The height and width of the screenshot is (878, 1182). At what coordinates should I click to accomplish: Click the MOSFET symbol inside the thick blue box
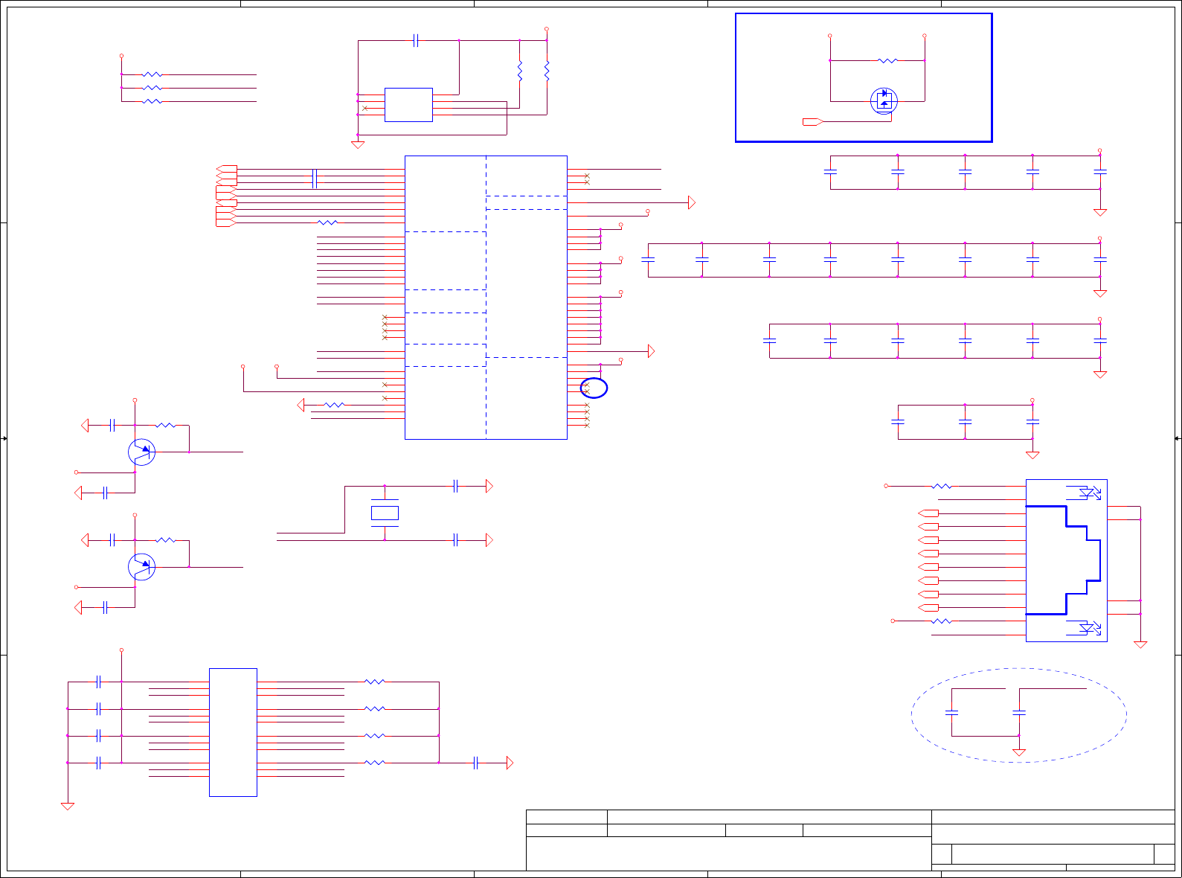[884, 100]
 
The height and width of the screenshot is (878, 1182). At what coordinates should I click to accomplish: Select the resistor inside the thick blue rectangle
[887, 60]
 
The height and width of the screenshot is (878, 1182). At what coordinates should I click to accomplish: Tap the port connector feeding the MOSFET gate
[812, 121]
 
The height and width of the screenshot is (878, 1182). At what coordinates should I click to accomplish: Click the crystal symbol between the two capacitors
[385, 513]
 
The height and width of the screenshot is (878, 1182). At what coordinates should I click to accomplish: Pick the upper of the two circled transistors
[141, 452]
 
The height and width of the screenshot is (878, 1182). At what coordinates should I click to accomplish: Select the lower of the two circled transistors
[141, 567]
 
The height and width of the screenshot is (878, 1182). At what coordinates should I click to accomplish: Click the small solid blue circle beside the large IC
[594, 388]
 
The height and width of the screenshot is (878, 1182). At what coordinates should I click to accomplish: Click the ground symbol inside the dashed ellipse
[1019, 752]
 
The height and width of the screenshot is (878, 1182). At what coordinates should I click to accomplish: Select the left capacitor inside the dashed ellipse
[951, 713]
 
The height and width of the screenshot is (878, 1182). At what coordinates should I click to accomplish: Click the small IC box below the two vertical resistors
[408, 105]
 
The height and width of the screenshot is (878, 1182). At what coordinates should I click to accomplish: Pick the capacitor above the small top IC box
[415, 40]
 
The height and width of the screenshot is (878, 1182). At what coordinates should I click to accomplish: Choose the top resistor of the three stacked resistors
[152, 74]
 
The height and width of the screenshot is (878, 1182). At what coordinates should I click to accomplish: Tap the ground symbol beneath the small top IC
[358, 144]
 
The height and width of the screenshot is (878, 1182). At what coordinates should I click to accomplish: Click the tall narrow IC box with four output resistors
[233, 732]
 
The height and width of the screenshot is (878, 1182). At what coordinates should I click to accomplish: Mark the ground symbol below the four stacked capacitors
[68, 806]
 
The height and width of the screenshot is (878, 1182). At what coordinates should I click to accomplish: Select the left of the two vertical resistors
[520, 71]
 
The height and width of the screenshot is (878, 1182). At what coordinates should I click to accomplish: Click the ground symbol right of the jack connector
[1140, 644]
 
